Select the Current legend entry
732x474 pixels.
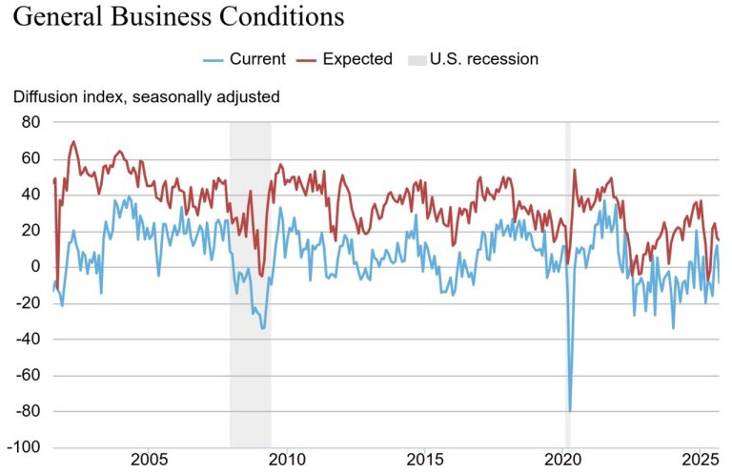244,59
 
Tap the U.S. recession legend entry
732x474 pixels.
473,59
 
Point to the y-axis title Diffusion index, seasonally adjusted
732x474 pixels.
146,96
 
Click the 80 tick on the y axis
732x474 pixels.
30,122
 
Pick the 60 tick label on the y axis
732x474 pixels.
30,158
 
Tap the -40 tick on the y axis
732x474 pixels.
27,340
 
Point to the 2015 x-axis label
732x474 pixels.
424,460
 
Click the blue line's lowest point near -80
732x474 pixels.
570,410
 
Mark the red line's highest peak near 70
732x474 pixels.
73,142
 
